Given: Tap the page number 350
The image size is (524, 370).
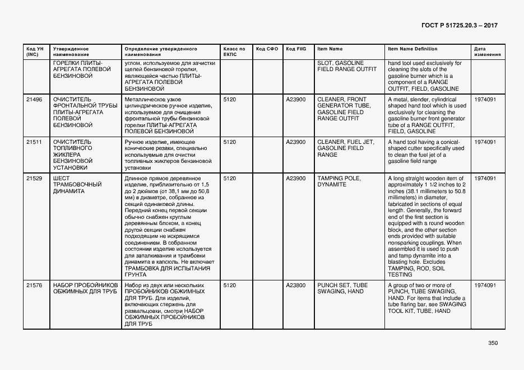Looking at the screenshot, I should [x=493, y=343].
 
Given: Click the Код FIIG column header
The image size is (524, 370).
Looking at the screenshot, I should [x=296, y=49].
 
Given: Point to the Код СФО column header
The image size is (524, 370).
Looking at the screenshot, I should [x=267, y=49].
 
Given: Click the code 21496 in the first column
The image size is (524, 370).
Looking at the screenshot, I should [x=34, y=99].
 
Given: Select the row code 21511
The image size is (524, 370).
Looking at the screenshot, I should [x=34, y=142].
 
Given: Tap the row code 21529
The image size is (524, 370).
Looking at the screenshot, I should [x=34, y=179].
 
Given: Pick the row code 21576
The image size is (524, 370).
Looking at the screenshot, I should [x=34, y=285].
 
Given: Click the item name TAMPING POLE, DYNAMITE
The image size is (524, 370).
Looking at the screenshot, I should [x=339, y=181].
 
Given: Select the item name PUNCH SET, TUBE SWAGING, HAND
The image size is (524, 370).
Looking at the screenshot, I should [x=342, y=288].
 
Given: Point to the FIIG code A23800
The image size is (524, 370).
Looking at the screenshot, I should [x=296, y=285].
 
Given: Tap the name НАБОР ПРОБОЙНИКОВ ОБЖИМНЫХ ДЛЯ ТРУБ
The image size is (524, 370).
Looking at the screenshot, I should [x=85, y=288].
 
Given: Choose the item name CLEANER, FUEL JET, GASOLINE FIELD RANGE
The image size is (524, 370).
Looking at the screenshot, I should [x=345, y=148].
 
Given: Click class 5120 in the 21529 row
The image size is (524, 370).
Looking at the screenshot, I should [x=230, y=179].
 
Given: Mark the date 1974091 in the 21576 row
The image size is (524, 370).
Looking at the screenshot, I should [x=485, y=285].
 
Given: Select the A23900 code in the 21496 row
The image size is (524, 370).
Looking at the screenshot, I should [x=296, y=99].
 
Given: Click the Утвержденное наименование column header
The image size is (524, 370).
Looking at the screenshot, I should [x=71, y=52].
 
